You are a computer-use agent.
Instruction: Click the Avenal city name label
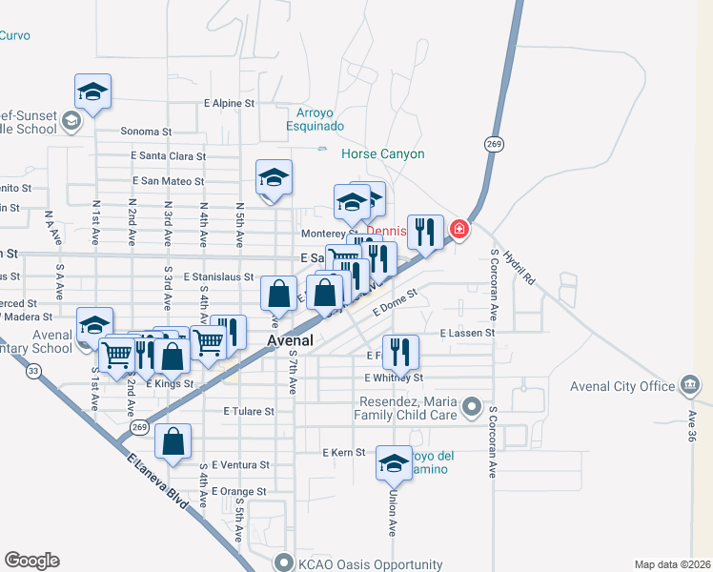point(292,340)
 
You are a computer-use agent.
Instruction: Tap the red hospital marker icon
point(459,230)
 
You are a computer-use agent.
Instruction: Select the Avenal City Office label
point(622,386)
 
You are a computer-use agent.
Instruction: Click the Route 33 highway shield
point(33,372)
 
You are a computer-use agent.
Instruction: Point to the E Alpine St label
point(230,102)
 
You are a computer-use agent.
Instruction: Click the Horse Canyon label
point(383,153)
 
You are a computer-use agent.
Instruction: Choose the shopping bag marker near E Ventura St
point(173,442)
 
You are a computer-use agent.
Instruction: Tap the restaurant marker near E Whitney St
point(400,353)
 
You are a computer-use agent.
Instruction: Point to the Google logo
point(31,561)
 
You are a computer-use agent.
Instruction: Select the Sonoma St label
point(145,132)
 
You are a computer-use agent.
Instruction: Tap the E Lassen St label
point(467,333)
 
